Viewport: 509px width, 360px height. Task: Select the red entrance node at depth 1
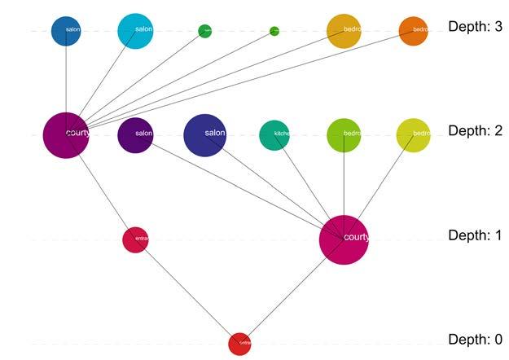coord(135,239)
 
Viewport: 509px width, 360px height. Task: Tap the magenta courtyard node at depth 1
coord(344,239)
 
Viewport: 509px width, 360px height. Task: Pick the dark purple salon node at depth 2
coord(135,134)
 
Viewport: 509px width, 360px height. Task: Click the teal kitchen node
coord(274,135)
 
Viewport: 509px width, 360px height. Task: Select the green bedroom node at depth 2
coord(344,135)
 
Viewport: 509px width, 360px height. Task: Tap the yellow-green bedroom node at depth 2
coord(413,135)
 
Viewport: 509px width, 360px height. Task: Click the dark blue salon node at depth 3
coord(66,31)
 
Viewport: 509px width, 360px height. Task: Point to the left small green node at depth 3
coord(204,31)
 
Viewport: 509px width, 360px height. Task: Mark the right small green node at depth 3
coord(274,31)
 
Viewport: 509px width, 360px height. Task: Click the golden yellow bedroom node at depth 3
coord(344,31)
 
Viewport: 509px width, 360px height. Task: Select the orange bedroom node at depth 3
coord(413,31)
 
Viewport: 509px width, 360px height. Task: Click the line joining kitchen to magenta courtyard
coord(305,181)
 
